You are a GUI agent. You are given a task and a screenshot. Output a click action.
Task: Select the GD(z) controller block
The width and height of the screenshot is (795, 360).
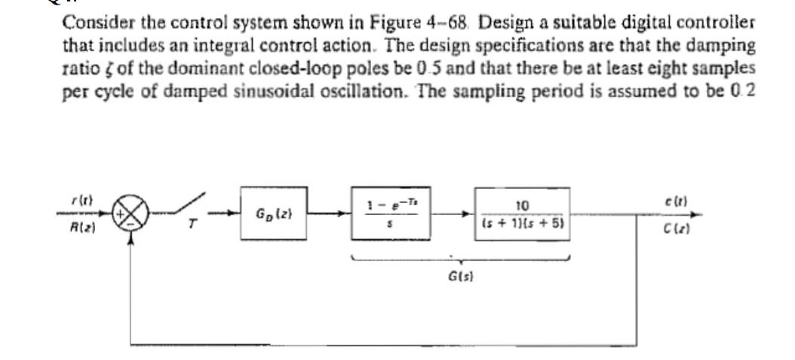pos(277,214)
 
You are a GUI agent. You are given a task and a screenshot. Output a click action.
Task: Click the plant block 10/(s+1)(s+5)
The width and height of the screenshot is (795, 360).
pos(522,214)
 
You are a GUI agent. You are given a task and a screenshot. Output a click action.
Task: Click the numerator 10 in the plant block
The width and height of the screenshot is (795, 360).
pos(522,205)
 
